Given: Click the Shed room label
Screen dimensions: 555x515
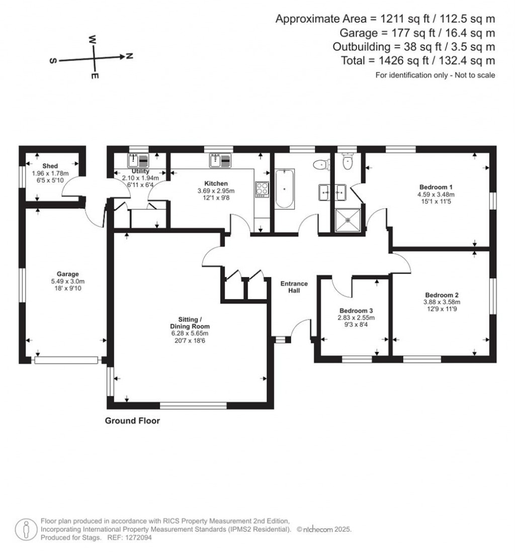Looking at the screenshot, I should click(x=50, y=166).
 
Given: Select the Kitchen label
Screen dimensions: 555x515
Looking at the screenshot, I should click(x=216, y=183).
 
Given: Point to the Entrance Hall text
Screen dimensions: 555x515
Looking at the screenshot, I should click(x=294, y=287).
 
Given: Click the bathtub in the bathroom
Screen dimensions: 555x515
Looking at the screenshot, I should click(x=285, y=189).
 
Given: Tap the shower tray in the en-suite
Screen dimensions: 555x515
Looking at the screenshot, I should click(x=348, y=219).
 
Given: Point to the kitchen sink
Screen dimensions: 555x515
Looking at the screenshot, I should click(x=219, y=161).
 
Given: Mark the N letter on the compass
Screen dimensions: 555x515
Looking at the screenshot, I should click(x=129, y=56).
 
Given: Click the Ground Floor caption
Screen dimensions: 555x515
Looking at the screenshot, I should click(x=132, y=421).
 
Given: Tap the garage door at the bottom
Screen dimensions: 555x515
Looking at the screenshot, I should click(x=66, y=360).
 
